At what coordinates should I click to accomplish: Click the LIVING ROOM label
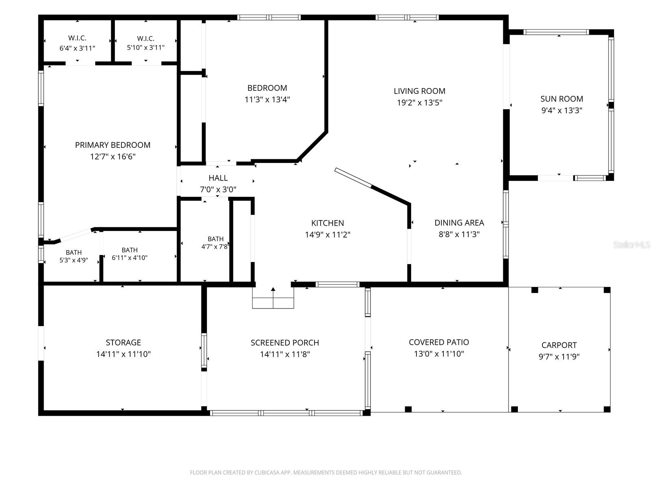coord(419,91)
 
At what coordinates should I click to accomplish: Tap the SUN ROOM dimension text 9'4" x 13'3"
coord(562,110)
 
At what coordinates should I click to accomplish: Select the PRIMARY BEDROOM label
coord(112,145)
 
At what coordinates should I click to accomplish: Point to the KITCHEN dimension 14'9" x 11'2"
coord(328,235)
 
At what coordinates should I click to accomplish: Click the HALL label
coord(218,178)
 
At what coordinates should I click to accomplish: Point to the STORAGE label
coord(123,342)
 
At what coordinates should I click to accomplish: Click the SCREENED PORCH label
coord(285,343)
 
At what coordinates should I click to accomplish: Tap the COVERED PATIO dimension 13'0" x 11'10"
coord(439,354)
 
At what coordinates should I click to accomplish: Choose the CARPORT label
coord(559,345)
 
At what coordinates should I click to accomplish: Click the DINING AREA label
coord(459,222)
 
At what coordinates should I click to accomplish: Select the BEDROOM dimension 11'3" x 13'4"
coord(267,99)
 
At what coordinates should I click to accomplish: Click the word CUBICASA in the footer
coord(265,472)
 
